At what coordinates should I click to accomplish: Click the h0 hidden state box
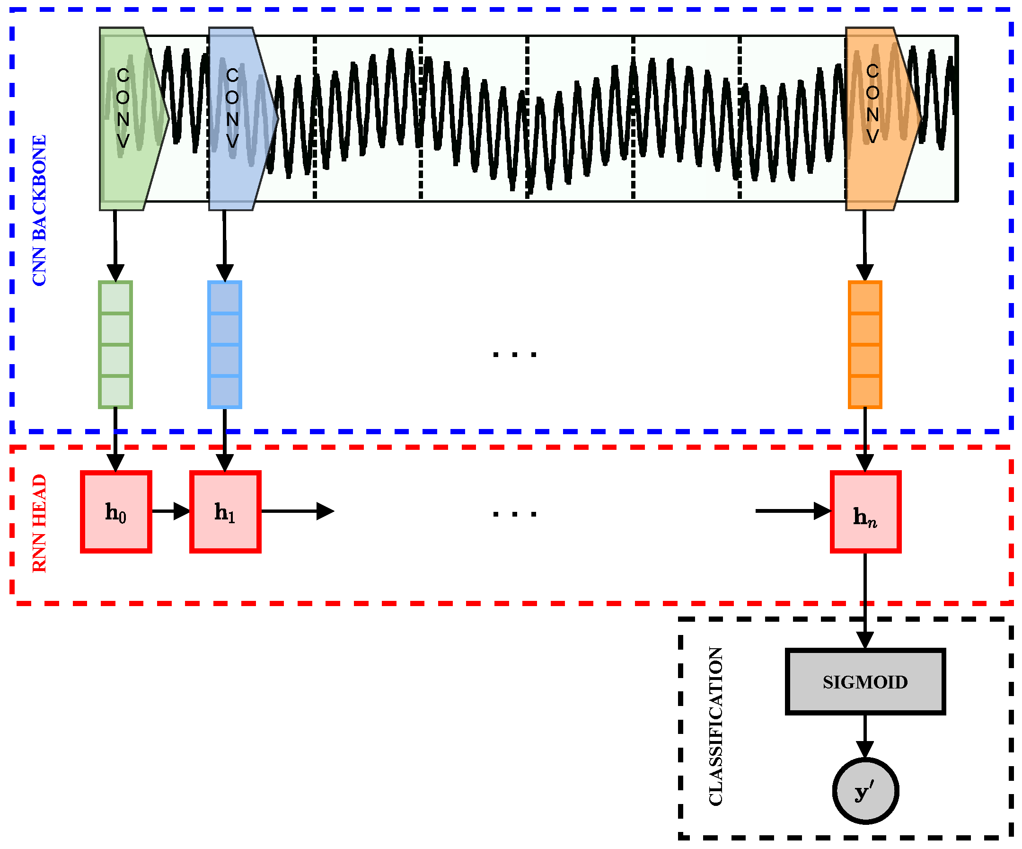[x=116, y=511]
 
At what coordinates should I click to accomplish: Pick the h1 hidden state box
[x=225, y=511]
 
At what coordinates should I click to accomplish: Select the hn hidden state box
[x=865, y=511]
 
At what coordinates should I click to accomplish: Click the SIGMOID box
[x=865, y=681]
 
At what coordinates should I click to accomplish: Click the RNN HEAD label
[x=39, y=523]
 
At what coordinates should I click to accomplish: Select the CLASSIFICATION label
[x=715, y=726]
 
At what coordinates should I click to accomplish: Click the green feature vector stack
[x=115, y=344]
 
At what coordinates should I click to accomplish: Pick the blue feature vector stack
[x=225, y=344]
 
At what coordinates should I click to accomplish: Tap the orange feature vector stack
[x=865, y=344]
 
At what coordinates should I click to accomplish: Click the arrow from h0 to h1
[x=170, y=511]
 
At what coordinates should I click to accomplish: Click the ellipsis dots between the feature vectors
[x=514, y=355]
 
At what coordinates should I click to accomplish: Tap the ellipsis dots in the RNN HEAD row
[x=514, y=514]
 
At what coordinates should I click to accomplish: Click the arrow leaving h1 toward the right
[x=297, y=511]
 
